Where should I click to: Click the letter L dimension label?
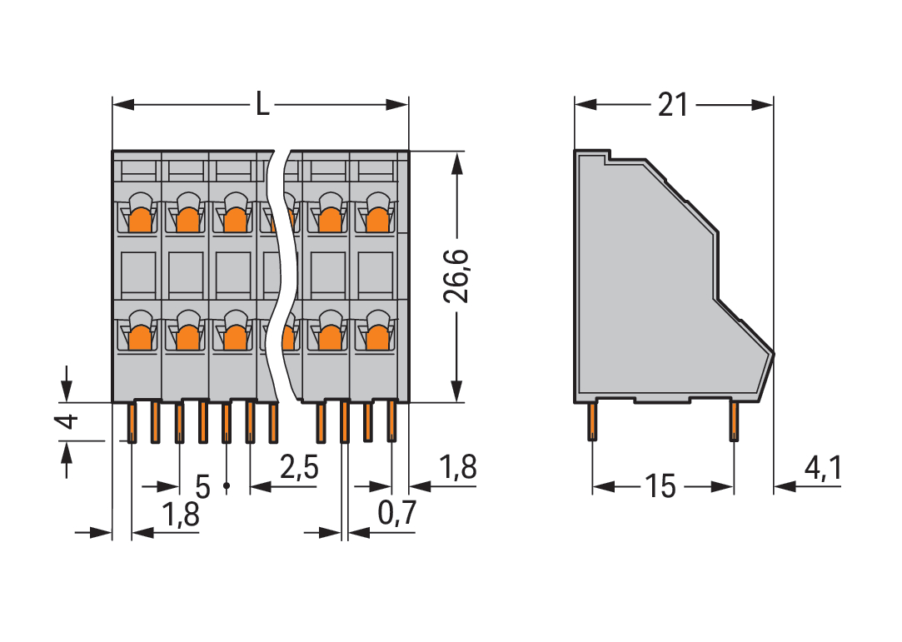pyautogui.click(x=262, y=105)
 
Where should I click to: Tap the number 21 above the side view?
pyautogui.click(x=673, y=105)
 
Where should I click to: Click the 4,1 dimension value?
pyautogui.click(x=823, y=470)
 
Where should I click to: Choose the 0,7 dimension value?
pyautogui.click(x=396, y=515)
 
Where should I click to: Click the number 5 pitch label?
pyautogui.click(x=202, y=485)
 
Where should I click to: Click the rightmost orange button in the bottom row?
pyautogui.click(x=378, y=336)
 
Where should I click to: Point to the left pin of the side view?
pyautogui.click(x=592, y=421)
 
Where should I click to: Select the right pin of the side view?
pyautogui.click(x=734, y=421)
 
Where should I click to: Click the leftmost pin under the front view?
pyautogui.click(x=132, y=422)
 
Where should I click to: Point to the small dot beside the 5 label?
pyautogui.click(x=226, y=485)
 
